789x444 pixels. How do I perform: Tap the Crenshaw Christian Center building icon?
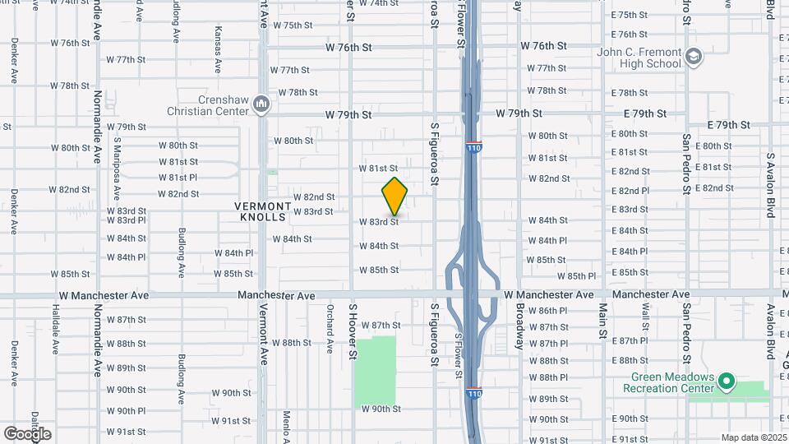tap(262, 103)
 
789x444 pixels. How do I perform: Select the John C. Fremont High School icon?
tap(693, 57)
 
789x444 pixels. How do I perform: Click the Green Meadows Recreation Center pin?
tap(726, 382)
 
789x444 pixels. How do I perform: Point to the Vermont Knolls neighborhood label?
tap(263, 211)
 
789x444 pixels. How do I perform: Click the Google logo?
tap(27, 433)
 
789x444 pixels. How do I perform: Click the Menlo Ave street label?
tap(287, 425)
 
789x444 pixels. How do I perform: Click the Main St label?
tap(602, 321)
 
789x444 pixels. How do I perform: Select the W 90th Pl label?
tap(126, 410)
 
